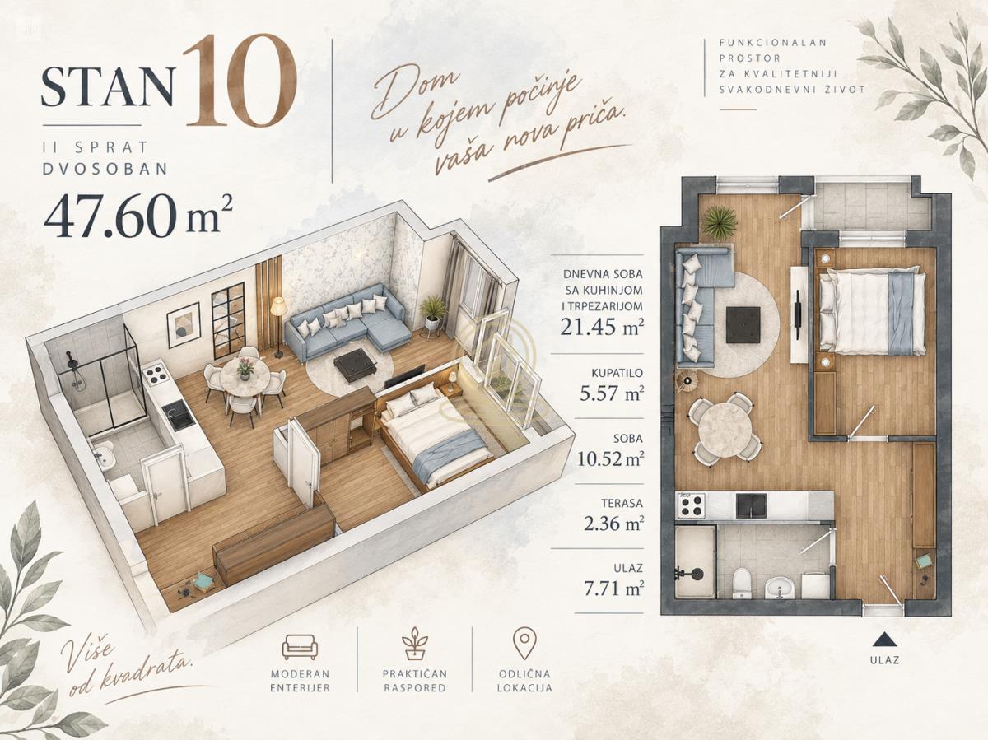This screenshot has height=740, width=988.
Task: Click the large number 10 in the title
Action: coord(240,80)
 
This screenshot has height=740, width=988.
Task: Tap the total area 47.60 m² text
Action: coord(138,216)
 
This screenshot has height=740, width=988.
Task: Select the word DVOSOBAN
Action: coord(105,168)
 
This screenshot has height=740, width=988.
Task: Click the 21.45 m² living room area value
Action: coord(602,327)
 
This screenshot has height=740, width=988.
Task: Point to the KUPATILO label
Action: coord(617,373)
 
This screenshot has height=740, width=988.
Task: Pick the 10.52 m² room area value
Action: coord(611,458)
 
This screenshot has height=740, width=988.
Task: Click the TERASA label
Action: coord(622,504)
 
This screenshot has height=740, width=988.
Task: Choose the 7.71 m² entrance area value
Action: coord(614,588)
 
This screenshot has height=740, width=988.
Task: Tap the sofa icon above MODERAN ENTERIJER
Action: coord(300,647)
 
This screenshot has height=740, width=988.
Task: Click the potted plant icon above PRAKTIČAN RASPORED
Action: coord(415,644)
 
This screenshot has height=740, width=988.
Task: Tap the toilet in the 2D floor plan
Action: coord(740,583)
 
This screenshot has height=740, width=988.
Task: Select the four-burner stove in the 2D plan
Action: coord(692,505)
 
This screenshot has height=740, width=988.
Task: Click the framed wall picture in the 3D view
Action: coord(184,325)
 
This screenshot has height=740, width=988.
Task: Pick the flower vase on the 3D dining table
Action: coord(245,369)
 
